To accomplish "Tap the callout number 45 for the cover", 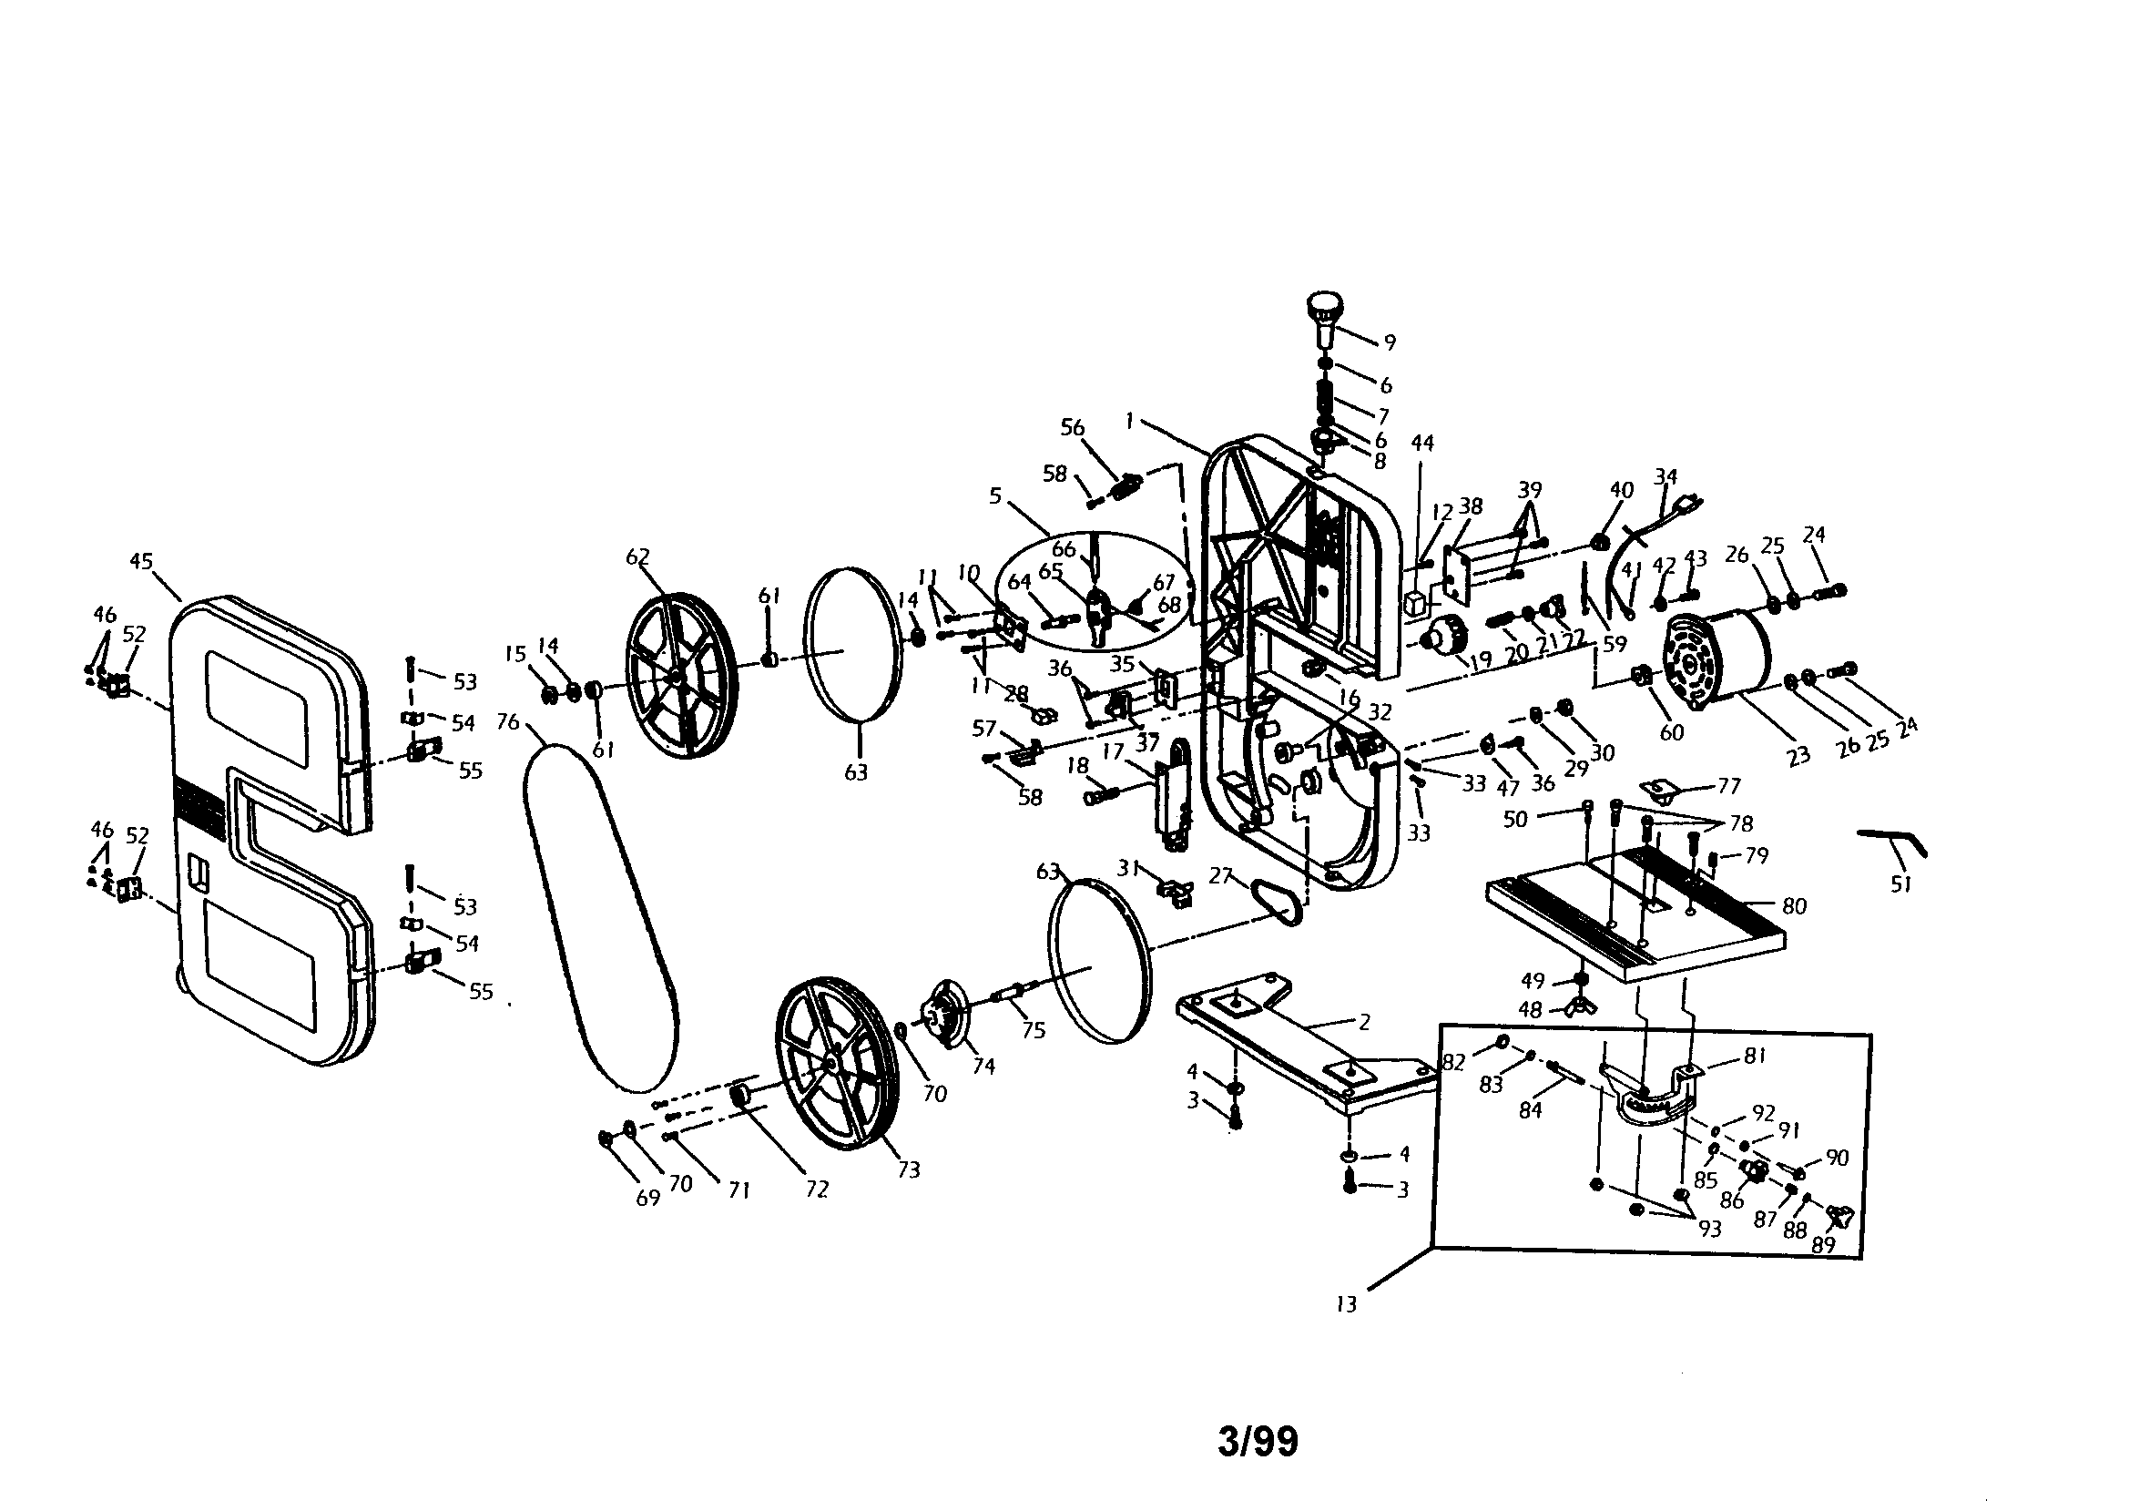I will click(x=141, y=562).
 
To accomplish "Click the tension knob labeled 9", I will click(x=1324, y=312).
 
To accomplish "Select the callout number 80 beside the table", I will click(x=1794, y=906).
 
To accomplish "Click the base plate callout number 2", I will click(x=1363, y=1022).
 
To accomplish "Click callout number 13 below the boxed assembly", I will click(x=1347, y=1304).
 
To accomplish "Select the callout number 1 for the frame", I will click(x=1129, y=420).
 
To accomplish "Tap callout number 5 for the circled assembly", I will click(x=995, y=496).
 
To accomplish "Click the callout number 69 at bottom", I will click(x=647, y=1198).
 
